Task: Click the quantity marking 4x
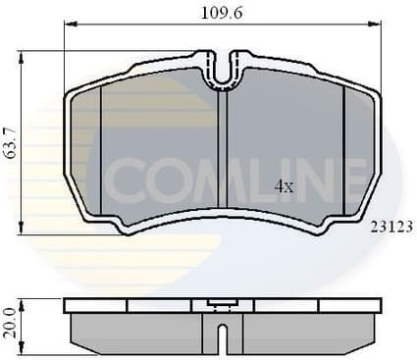coord(284,185)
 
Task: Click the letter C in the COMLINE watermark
coord(126,180)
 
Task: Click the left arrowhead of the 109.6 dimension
coord(69,26)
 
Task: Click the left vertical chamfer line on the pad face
coord(101,147)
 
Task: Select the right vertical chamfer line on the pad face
coord(342,147)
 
